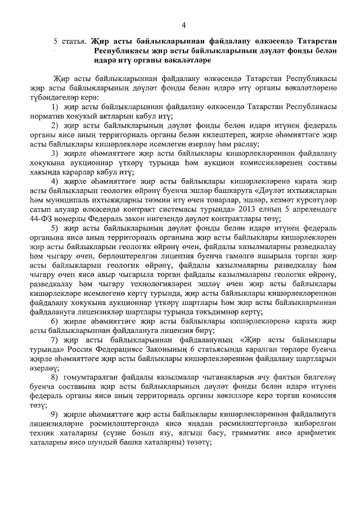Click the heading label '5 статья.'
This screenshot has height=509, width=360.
pyautogui.click(x=69, y=41)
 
